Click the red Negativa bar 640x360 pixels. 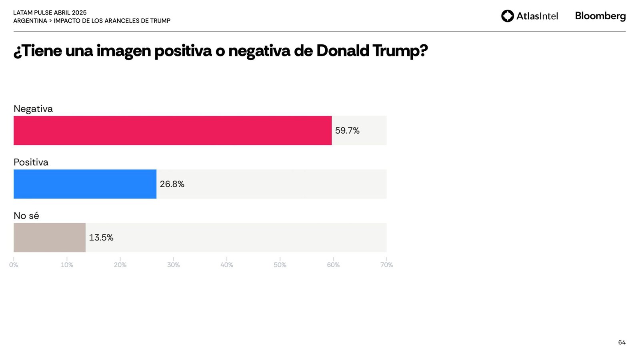point(172,130)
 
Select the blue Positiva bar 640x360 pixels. point(85,184)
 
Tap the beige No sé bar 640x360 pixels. point(50,238)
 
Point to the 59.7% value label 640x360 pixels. point(347,131)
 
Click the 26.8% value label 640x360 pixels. point(172,184)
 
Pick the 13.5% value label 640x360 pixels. point(101,238)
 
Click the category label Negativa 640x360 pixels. point(33,109)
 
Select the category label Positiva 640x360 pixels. point(31,162)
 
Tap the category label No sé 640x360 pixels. point(26,216)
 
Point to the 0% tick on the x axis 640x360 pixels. point(14,265)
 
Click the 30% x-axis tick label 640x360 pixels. point(173,265)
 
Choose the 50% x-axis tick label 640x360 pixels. point(280,265)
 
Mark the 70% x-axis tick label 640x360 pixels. point(386,265)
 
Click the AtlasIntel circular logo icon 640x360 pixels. point(508,16)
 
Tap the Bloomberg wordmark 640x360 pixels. point(600,16)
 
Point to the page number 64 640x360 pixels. point(622,342)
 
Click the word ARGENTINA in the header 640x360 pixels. point(30,21)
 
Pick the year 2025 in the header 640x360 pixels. point(79,13)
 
